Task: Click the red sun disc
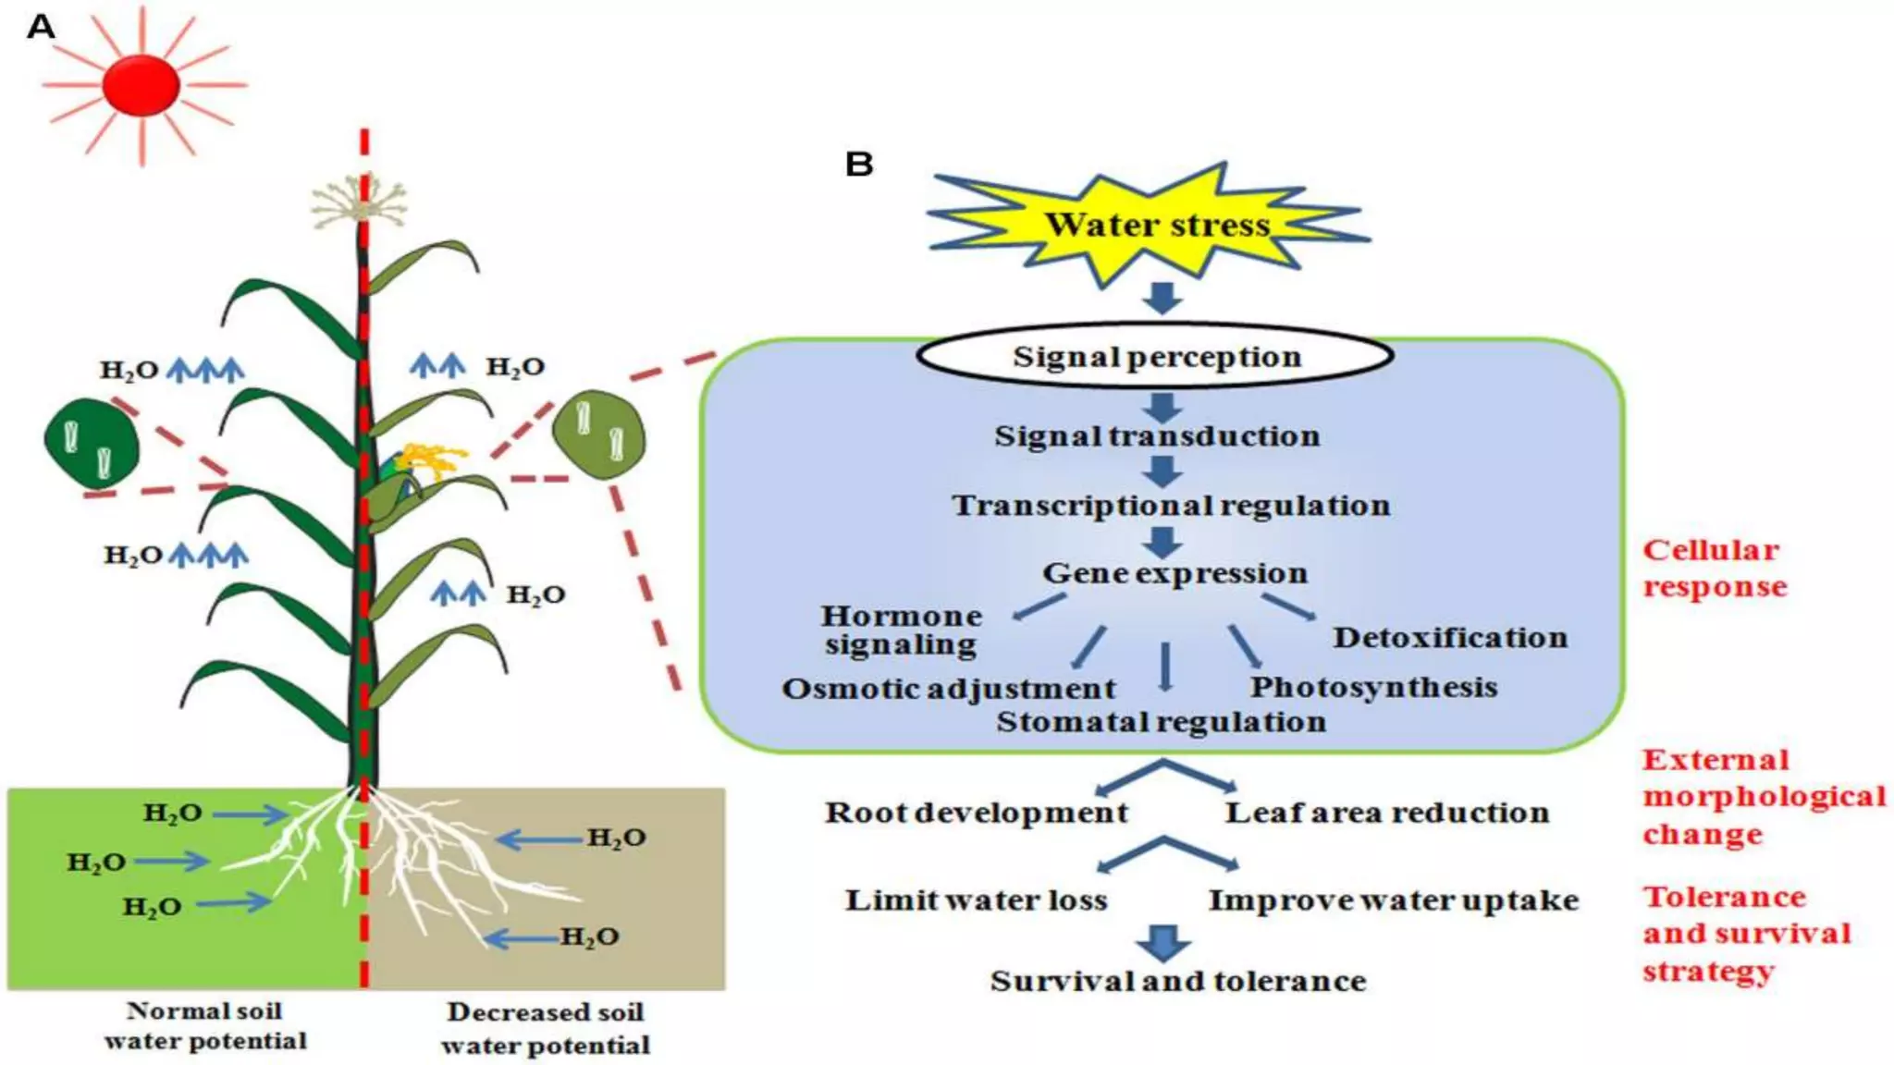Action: tap(141, 85)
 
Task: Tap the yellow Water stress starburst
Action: tap(1156, 225)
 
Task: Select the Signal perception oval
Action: tap(1155, 356)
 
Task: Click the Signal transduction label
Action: tap(1157, 436)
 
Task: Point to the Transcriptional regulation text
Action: tap(1171, 506)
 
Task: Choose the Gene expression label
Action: tap(1175, 573)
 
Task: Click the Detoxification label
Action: tap(1449, 638)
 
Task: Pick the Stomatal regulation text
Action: tap(1161, 722)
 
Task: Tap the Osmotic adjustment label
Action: tap(949, 690)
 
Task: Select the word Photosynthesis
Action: tap(1373, 688)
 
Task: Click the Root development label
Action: tap(976, 813)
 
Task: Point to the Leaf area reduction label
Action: tap(1386, 813)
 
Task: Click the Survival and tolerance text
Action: tap(1177, 981)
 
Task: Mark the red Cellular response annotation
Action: tap(1714, 569)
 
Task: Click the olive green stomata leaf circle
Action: tap(598, 435)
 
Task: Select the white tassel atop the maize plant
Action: tap(359, 203)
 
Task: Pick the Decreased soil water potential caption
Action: tap(545, 1028)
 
